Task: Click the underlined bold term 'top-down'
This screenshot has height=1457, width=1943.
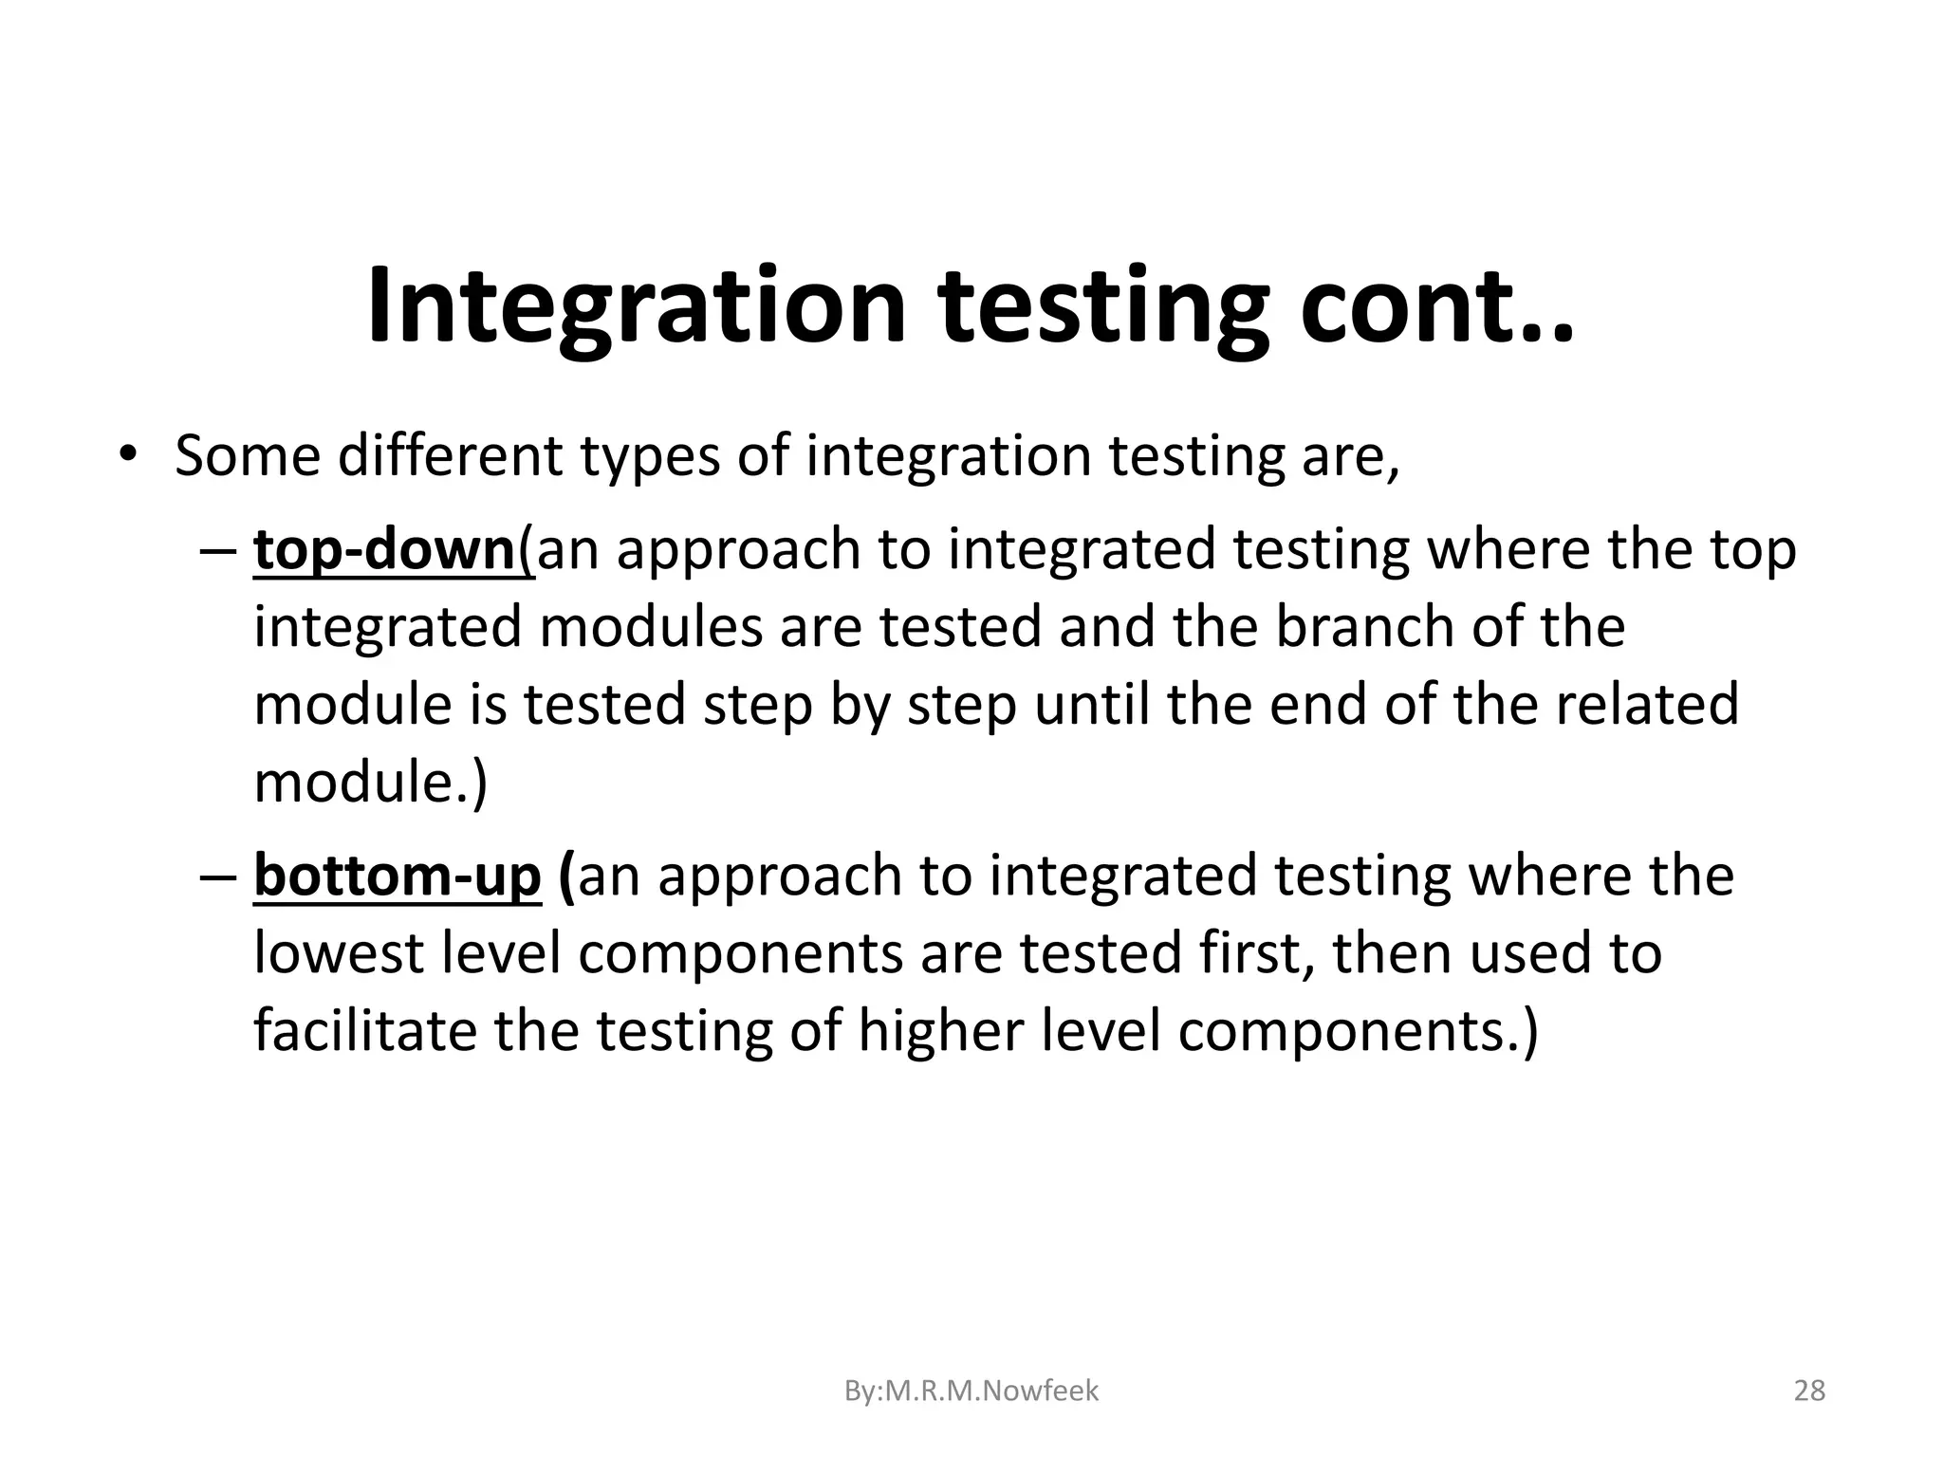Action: (384, 550)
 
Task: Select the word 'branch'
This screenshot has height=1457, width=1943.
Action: (1362, 627)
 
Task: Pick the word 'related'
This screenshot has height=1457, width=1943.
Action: (1646, 705)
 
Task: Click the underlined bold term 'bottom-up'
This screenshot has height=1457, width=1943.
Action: (397, 876)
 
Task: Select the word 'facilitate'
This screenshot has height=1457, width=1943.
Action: (364, 1030)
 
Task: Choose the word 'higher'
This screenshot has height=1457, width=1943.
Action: (940, 1030)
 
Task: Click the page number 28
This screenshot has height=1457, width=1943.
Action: (1810, 1391)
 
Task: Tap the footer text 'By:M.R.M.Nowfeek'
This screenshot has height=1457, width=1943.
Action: (971, 1391)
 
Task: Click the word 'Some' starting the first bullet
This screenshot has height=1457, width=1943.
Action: (248, 455)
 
